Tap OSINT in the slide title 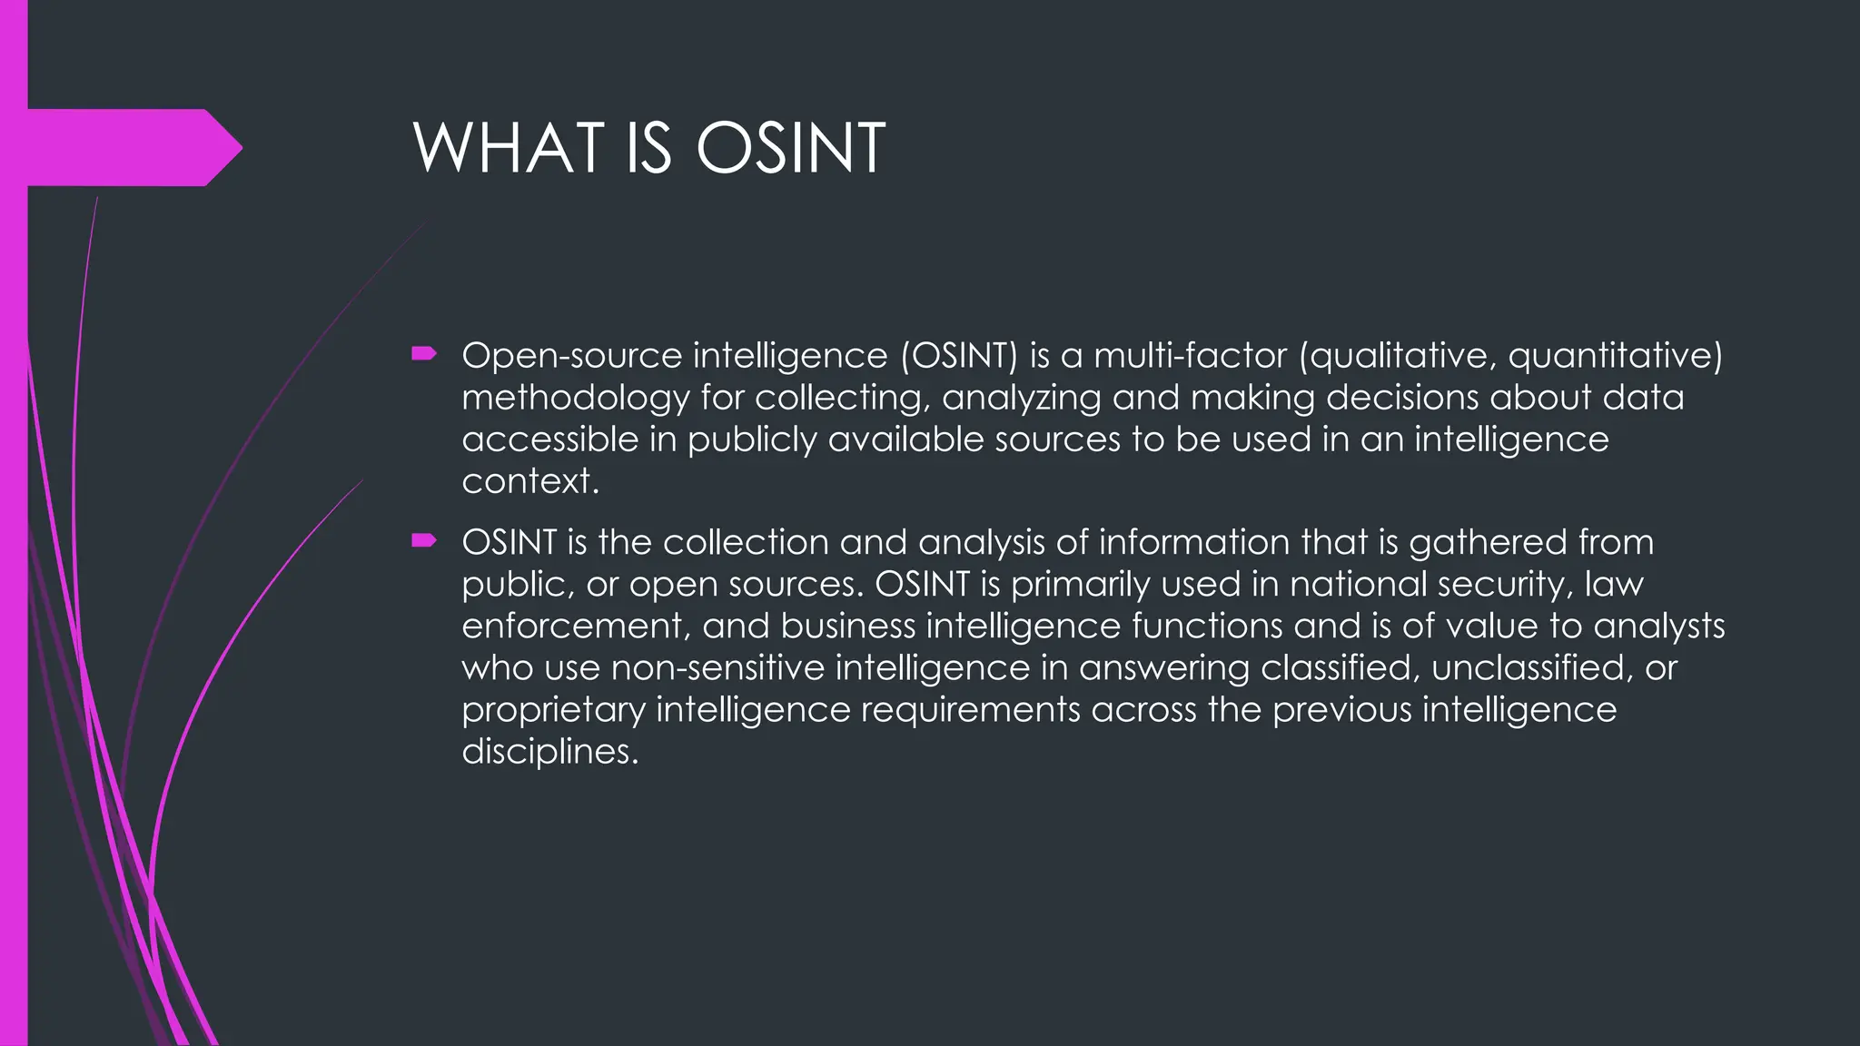tap(790, 148)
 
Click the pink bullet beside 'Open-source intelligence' tap(424, 353)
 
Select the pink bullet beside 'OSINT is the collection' tap(424, 541)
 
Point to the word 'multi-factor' tap(1190, 355)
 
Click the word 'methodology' tap(575, 398)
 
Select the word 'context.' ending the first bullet tap(530, 481)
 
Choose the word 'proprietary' tap(553, 710)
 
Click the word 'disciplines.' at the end tap(550, 751)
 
